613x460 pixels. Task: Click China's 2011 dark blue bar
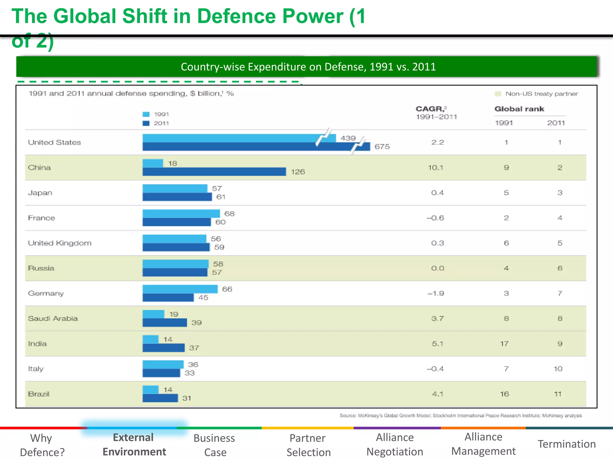[x=214, y=172]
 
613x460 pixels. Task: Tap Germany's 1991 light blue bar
[x=180, y=289]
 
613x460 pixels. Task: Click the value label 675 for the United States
[x=382, y=146]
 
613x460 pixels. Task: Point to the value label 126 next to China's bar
[x=298, y=172]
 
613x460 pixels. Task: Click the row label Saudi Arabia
[x=53, y=318]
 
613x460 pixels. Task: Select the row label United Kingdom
[x=60, y=243]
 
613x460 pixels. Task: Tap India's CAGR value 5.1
[x=437, y=344]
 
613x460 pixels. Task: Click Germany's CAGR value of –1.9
[x=436, y=293]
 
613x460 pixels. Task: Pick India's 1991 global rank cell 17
[x=504, y=344]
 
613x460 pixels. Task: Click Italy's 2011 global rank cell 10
[x=558, y=369]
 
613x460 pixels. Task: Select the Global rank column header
[x=519, y=109]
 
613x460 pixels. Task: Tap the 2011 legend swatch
[x=146, y=123]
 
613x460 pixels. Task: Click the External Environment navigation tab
[x=134, y=444]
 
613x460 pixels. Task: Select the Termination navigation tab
[x=567, y=444]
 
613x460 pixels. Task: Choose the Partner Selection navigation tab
[x=308, y=445]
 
